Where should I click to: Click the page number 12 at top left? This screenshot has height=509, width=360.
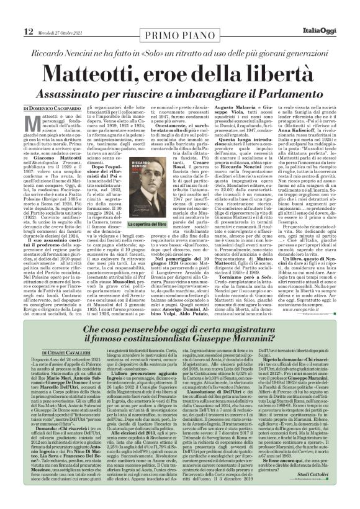click(12, 14)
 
